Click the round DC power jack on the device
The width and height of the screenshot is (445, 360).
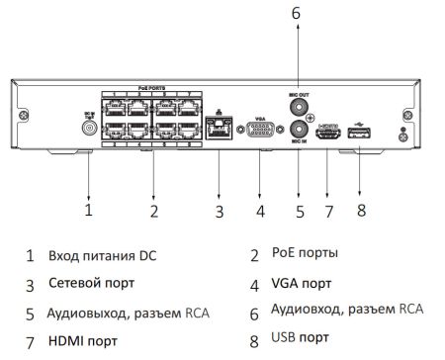(90, 128)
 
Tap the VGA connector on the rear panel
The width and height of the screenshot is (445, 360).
(258, 129)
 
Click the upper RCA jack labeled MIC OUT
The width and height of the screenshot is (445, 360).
(300, 105)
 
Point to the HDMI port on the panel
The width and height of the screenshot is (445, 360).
(327, 130)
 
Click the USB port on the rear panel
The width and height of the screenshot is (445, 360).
(359, 130)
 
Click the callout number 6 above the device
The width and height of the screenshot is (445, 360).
(295, 13)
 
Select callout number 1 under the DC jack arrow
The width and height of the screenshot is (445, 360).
(88, 210)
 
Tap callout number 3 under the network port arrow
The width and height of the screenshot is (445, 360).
(220, 211)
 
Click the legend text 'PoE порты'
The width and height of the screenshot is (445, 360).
(305, 254)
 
